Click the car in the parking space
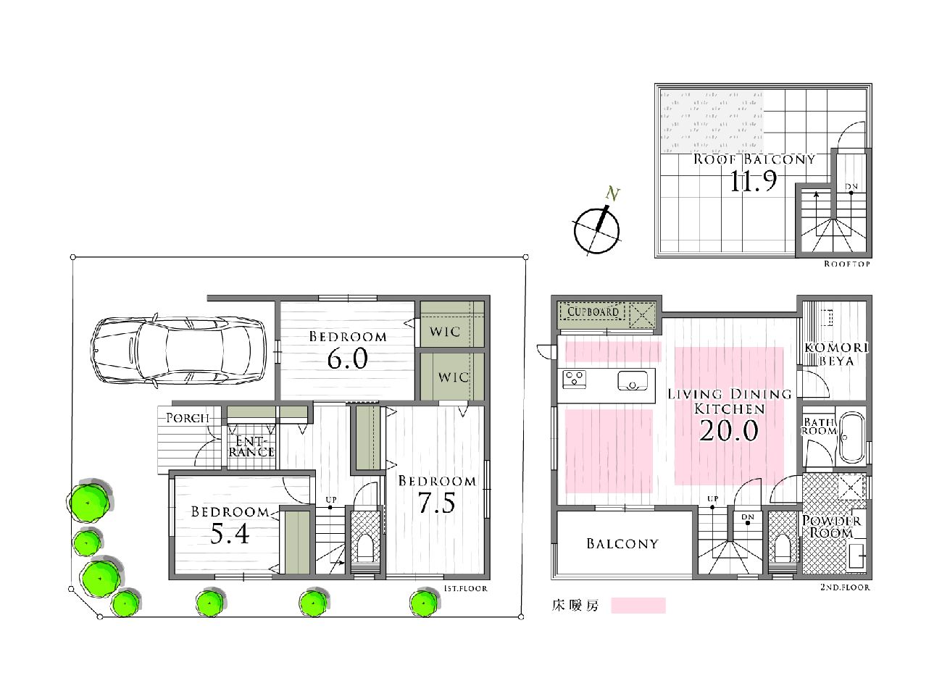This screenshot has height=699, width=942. (x=178, y=351)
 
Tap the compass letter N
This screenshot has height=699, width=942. (x=612, y=193)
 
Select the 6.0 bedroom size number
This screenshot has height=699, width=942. (x=347, y=359)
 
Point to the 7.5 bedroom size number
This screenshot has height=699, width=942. (x=437, y=503)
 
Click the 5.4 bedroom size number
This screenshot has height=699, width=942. (x=230, y=535)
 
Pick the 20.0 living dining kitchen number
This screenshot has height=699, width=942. (x=729, y=430)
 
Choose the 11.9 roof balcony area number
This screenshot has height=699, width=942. (x=753, y=180)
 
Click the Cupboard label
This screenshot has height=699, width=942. (x=593, y=311)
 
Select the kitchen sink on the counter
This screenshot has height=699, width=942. (x=633, y=380)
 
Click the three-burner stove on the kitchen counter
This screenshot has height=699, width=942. (x=575, y=380)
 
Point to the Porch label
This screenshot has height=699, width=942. (x=188, y=418)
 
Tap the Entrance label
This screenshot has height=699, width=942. (x=251, y=446)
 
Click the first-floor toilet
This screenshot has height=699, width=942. (x=364, y=548)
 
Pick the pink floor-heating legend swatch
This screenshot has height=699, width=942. (x=638, y=605)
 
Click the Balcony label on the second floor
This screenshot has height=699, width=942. (x=622, y=543)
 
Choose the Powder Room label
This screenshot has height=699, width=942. (x=831, y=527)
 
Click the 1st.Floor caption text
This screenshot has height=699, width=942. (x=465, y=589)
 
